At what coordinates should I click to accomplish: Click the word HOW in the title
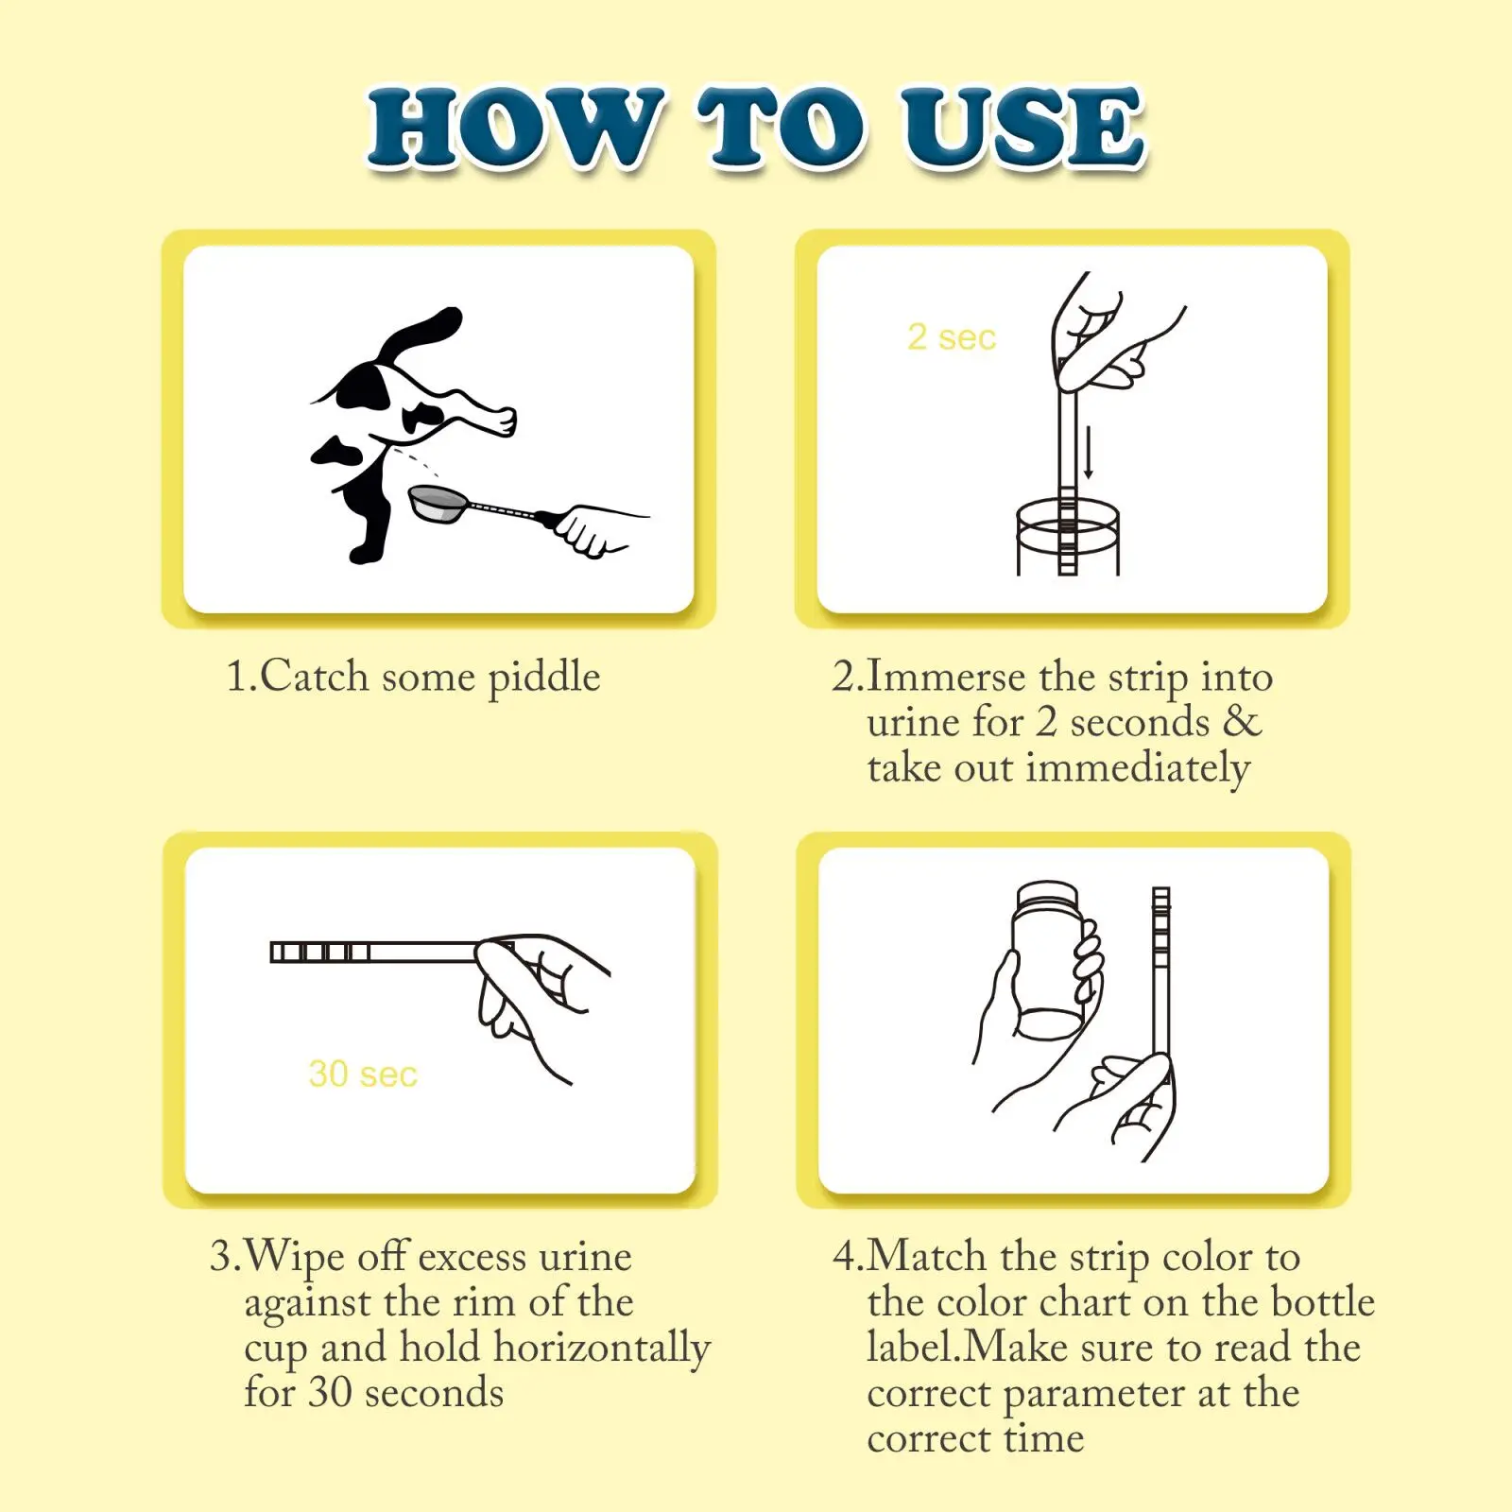pos(515,128)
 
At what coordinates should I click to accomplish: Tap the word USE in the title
pos(1022,128)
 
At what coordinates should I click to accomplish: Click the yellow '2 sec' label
pos(952,337)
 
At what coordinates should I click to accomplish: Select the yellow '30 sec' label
pos(363,1074)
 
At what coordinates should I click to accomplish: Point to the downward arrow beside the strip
pos(1089,452)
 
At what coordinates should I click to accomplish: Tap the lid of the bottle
pos(1046,896)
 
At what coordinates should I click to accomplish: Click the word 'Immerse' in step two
pos(946,678)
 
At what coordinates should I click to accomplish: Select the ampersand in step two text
pos(1243,721)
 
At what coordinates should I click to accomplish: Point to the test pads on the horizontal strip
pos(320,952)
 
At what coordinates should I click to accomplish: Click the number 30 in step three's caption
pos(330,1393)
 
